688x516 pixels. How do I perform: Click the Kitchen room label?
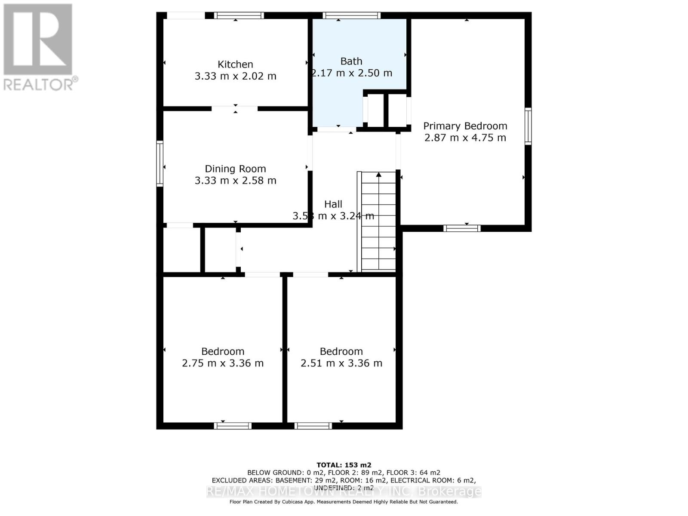click(x=235, y=64)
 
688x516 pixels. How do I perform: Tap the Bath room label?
click(x=351, y=61)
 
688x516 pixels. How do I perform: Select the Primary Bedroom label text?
click(x=465, y=126)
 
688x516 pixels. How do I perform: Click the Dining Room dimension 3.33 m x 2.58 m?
click(x=235, y=181)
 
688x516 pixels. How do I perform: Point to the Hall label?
click(x=333, y=204)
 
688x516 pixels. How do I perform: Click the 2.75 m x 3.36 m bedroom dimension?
click(x=223, y=363)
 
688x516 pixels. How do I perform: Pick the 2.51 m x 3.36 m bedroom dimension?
click(x=341, y=363)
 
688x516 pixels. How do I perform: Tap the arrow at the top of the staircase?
click(x=379, y=175)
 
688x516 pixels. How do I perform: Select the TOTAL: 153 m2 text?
click(x=344, y=465)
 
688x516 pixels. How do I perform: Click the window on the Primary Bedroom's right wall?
click(x=528, y=126)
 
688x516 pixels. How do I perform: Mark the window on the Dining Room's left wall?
click(x=160, y=163)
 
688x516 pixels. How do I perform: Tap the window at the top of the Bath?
click(x=352, y=15)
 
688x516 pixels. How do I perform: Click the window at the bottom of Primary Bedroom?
click(x=462, y=228)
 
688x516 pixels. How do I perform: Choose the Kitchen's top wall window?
click(x=239, y=15)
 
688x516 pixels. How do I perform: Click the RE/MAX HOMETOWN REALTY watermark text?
click(x=344, y=491)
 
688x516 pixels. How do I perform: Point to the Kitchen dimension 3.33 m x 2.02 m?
click(x=235, y=76)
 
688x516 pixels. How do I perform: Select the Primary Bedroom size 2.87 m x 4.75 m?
click(x=465, y=138)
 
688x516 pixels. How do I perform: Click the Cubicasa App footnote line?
click(x=344, y=502)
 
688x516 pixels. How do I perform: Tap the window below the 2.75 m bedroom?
click(x=233, y=426)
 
